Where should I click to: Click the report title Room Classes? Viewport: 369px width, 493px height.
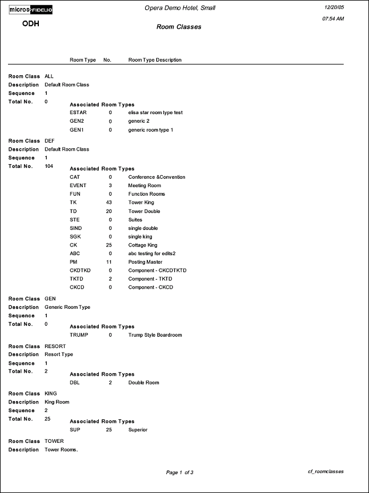click(x=179, y=27)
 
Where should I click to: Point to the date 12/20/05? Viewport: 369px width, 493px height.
click(x=332, y=7)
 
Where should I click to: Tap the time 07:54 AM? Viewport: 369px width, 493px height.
click(x=333, y=19)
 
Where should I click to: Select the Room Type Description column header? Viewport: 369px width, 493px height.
click(x=155, y=60)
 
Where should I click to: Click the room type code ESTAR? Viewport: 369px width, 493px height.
click(x=78, y=113)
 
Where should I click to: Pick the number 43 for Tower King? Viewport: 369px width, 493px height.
click(x=110, y=203)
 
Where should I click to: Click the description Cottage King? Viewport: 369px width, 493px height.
click(x=142, y=245)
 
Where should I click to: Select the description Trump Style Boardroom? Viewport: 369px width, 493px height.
click(x=155, y=335)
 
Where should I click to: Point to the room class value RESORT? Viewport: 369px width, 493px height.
click(x=55, y=346)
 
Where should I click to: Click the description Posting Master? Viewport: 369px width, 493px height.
click(x=145, y=262)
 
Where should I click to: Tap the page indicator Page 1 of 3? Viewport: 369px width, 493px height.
click(x=179, y=472)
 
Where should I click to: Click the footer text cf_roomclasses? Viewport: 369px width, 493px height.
click(x=326, y=472)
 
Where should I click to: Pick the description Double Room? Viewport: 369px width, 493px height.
click(x=143, y=382)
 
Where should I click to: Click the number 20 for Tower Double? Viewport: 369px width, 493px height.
click(x=110, y=211)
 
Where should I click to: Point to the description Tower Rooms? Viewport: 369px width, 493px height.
click(x=61, y=450)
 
